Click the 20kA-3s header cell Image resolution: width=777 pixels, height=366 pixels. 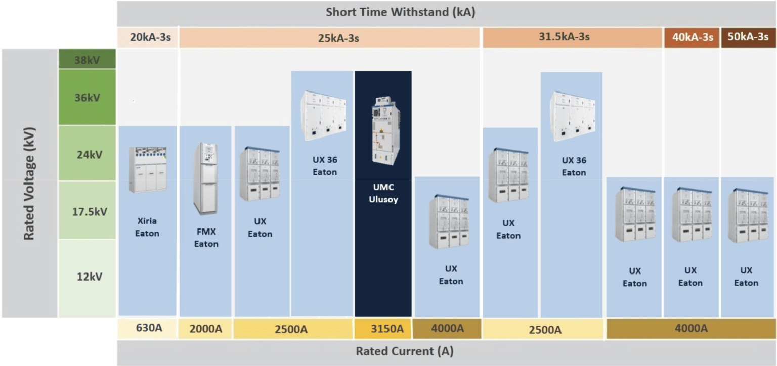tap(148, 37)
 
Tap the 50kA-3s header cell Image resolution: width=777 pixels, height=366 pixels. tap(748, 37)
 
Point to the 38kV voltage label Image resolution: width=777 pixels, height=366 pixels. tap(87, 59)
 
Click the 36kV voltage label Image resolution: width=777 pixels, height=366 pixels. tap(87, 98)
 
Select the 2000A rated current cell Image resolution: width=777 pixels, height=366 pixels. tap(206, 329)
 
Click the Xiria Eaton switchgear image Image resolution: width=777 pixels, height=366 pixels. tap(148, 169)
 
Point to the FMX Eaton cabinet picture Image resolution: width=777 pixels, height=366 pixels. tap(206, 178)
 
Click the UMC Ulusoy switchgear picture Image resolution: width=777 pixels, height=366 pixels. tap(385, 130)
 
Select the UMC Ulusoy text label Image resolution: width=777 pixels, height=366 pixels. tap(383, 193)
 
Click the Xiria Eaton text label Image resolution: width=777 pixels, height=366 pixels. tap(147, 227)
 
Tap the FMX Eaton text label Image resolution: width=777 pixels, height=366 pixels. tap(206, 238)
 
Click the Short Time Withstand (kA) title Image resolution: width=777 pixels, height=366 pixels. tap(400, 12)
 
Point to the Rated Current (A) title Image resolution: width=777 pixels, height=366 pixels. tap(405, 351)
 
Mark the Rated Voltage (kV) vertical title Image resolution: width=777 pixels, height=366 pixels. tap(29, 184)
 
